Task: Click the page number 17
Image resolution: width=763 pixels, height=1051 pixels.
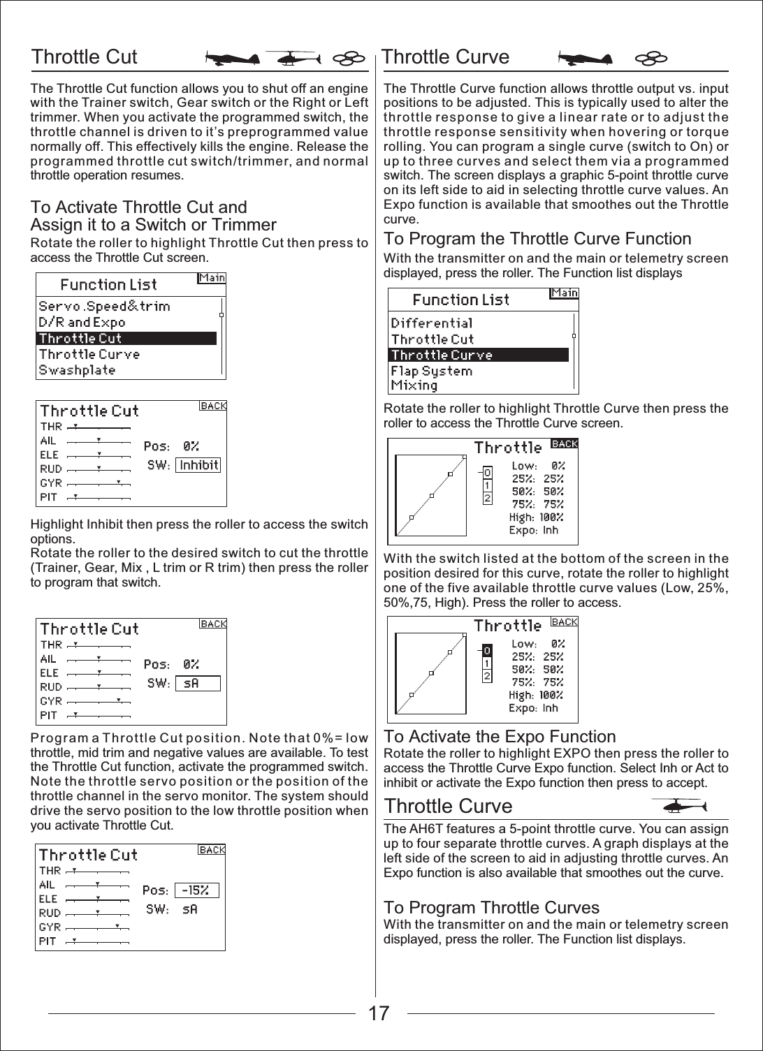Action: tap(379, 1013)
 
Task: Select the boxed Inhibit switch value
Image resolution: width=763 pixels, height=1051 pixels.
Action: tap(198, 465)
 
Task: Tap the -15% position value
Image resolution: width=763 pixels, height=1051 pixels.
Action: tap(196, 890)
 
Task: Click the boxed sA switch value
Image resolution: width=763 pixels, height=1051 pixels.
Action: tap(198, 684)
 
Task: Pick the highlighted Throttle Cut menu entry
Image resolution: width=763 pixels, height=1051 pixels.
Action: tap(126, 339)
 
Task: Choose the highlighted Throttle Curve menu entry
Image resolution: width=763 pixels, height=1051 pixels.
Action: tap(478, 355)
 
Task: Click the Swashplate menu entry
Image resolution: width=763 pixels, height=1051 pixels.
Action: tap(78, 370)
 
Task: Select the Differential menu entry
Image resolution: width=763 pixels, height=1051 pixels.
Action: tap(432, 323)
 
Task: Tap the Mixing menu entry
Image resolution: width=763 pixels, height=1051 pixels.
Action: tap(414, 385)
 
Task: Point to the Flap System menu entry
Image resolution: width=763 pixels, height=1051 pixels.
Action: tap(432, 371)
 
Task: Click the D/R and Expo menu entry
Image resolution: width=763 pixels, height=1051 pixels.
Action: tap(82, 323)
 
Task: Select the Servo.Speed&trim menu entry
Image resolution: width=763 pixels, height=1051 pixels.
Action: tap(104, 306)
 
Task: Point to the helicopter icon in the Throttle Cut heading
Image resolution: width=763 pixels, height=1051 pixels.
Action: tap(293, 59)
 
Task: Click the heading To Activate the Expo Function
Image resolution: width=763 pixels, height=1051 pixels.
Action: tap(500, 737)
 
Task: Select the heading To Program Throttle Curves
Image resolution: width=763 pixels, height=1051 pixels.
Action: tap(491, 908)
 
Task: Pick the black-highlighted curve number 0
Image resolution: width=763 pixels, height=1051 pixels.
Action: tap(487, 650)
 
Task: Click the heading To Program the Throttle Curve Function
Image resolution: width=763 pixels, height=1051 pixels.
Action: tap(537, 239)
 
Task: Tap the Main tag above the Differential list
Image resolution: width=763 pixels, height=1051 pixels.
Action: tap(564, 293)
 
